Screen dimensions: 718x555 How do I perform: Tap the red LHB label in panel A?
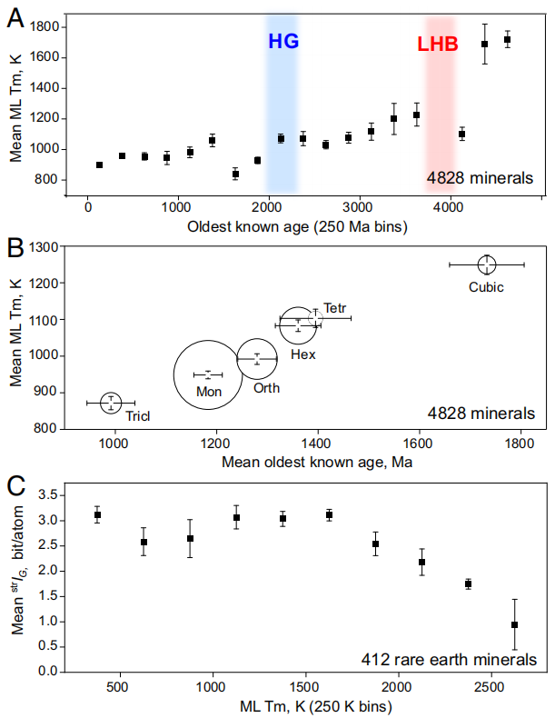(x=438, y=44)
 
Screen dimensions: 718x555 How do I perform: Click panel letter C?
(x=15, y=487)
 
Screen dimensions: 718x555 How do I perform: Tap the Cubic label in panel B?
(x=486, y=287)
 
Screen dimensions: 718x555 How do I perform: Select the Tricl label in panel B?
(x=138, y=416)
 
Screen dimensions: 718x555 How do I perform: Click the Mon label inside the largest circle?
(x=208, y=391)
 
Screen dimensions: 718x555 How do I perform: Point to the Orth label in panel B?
(x=266, y=388)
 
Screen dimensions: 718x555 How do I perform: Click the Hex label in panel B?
(x=303, y=354)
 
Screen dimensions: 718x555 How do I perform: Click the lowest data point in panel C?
(x=515, y=624)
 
